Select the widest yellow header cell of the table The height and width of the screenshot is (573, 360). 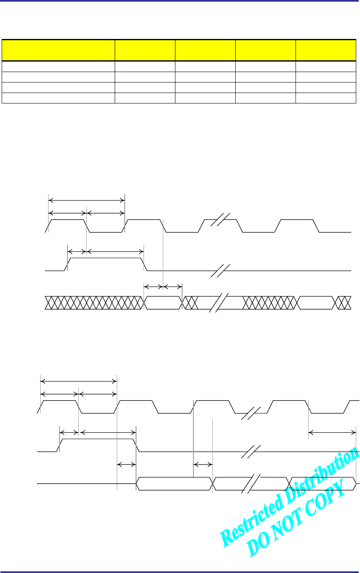click(x=59, y=50)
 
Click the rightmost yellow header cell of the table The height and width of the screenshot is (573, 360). click(x=326, y=50)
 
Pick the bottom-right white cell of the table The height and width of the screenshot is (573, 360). click(x=326, y=99)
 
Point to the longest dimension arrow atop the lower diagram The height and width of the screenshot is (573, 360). click(x=78, y=381)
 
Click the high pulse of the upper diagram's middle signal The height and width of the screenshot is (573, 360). click(x=105, y=259)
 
